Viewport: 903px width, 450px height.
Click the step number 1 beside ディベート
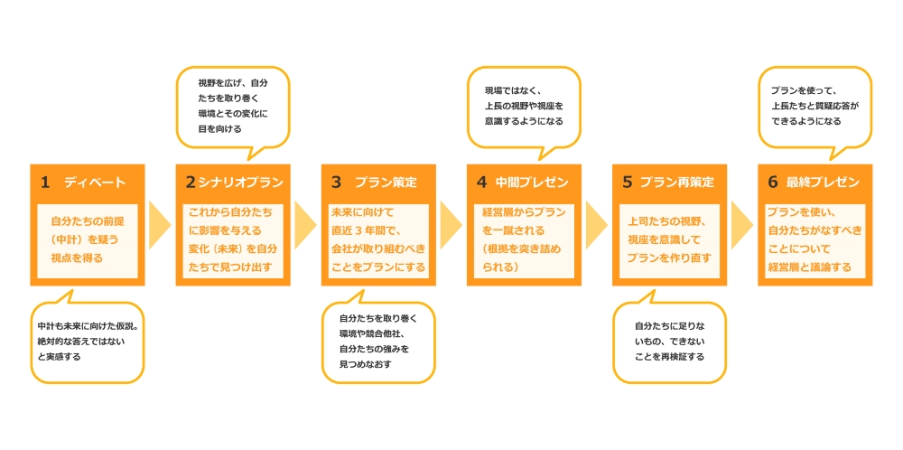click(x=44, y=183)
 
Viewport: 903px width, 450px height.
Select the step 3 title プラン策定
click(x=386, y=183)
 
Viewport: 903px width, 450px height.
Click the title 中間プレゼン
click(x=532, y=183)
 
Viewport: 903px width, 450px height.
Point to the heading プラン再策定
click(x=676, y=183)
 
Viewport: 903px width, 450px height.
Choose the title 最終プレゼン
click(x=823, y=183)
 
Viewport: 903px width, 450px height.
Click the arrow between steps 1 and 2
click(x=159, y=225)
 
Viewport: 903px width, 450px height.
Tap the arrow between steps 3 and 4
click(x=451, y=225)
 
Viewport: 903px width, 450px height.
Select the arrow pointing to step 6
click(x=742, y=225)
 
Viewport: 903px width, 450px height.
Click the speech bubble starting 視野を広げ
click(x=232, y=106)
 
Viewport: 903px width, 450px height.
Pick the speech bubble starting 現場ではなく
click(x=524, y=106)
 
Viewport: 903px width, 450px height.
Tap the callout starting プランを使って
click(x=815, y=106)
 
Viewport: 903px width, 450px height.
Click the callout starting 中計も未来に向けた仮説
click(x=88, y=342)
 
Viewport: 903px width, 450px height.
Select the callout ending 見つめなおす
click(x=379, y=342)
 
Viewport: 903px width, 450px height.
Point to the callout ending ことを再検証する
click(x=669, y=342)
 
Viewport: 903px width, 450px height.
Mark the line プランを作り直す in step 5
click(x=669, y=258)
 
